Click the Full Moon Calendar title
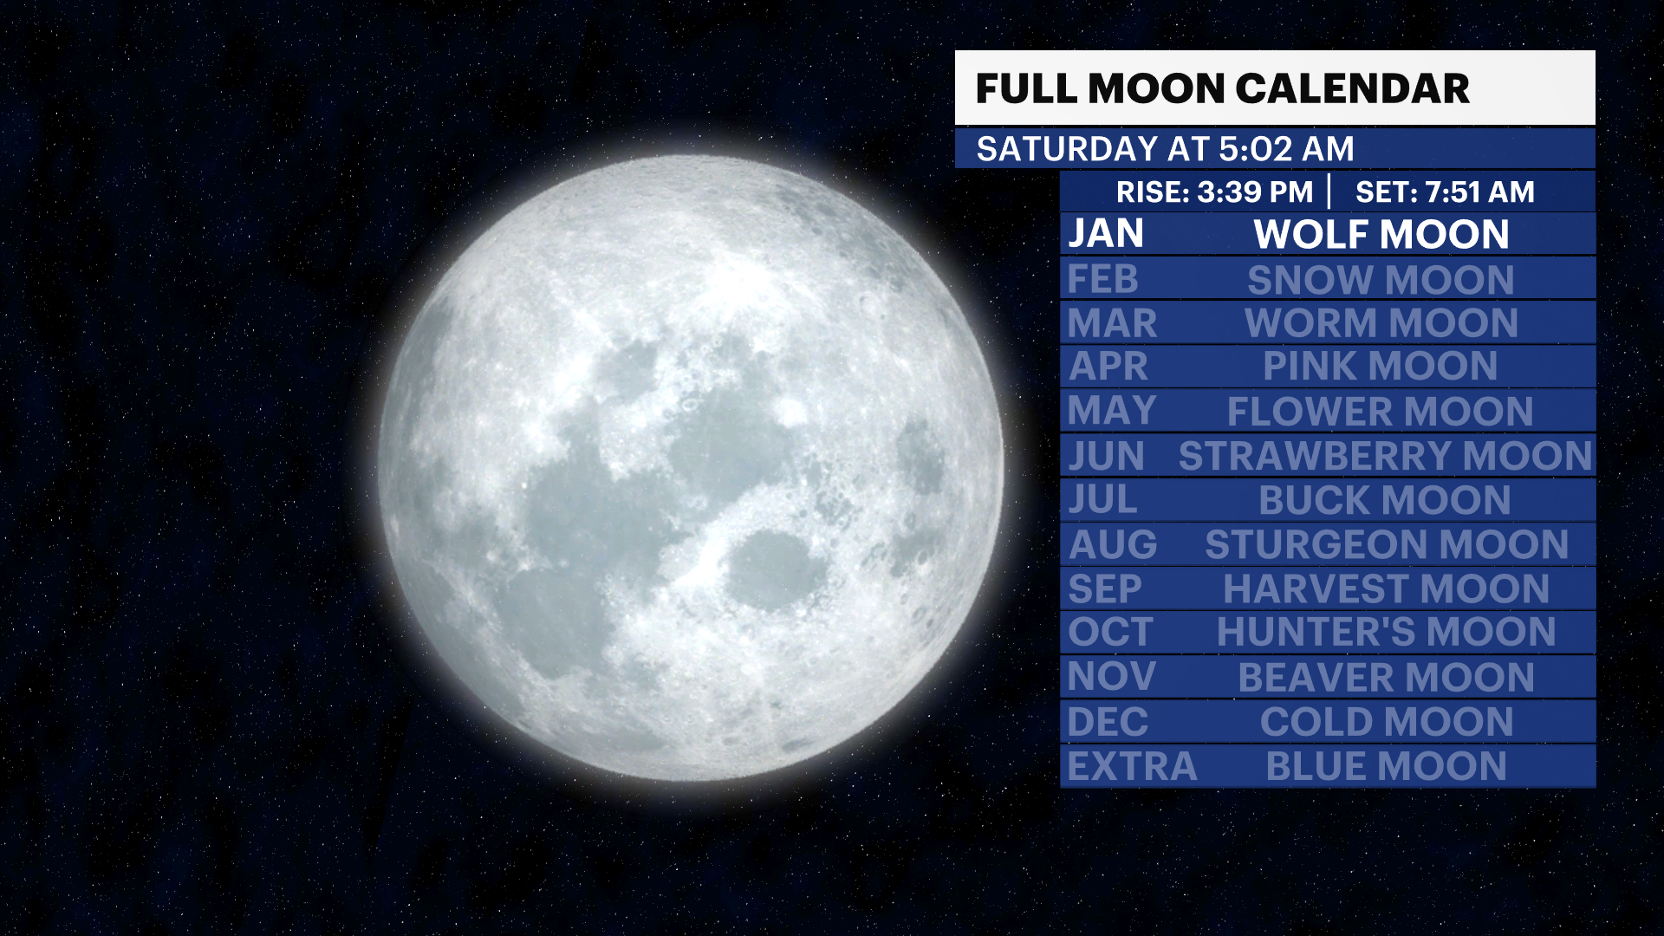(1222, 88)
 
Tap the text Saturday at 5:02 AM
(1165, 149)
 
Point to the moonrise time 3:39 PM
(1255, 192)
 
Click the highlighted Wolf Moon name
(1381, 234)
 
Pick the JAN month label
(1106, 234)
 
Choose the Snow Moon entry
(1381, 280)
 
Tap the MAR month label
(1112, 323)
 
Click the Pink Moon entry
(1380, 366)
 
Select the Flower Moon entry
(1380, 412)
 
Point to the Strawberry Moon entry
(1385, 456)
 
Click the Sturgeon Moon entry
(1387, 544)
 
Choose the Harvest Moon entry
(1386, 589)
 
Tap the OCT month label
(1110, 632)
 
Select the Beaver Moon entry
(1386, 678)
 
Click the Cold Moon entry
(1387, 722)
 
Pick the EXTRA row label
(1132, 767)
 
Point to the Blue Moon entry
(1386, 767)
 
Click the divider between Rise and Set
(1329, 192)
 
